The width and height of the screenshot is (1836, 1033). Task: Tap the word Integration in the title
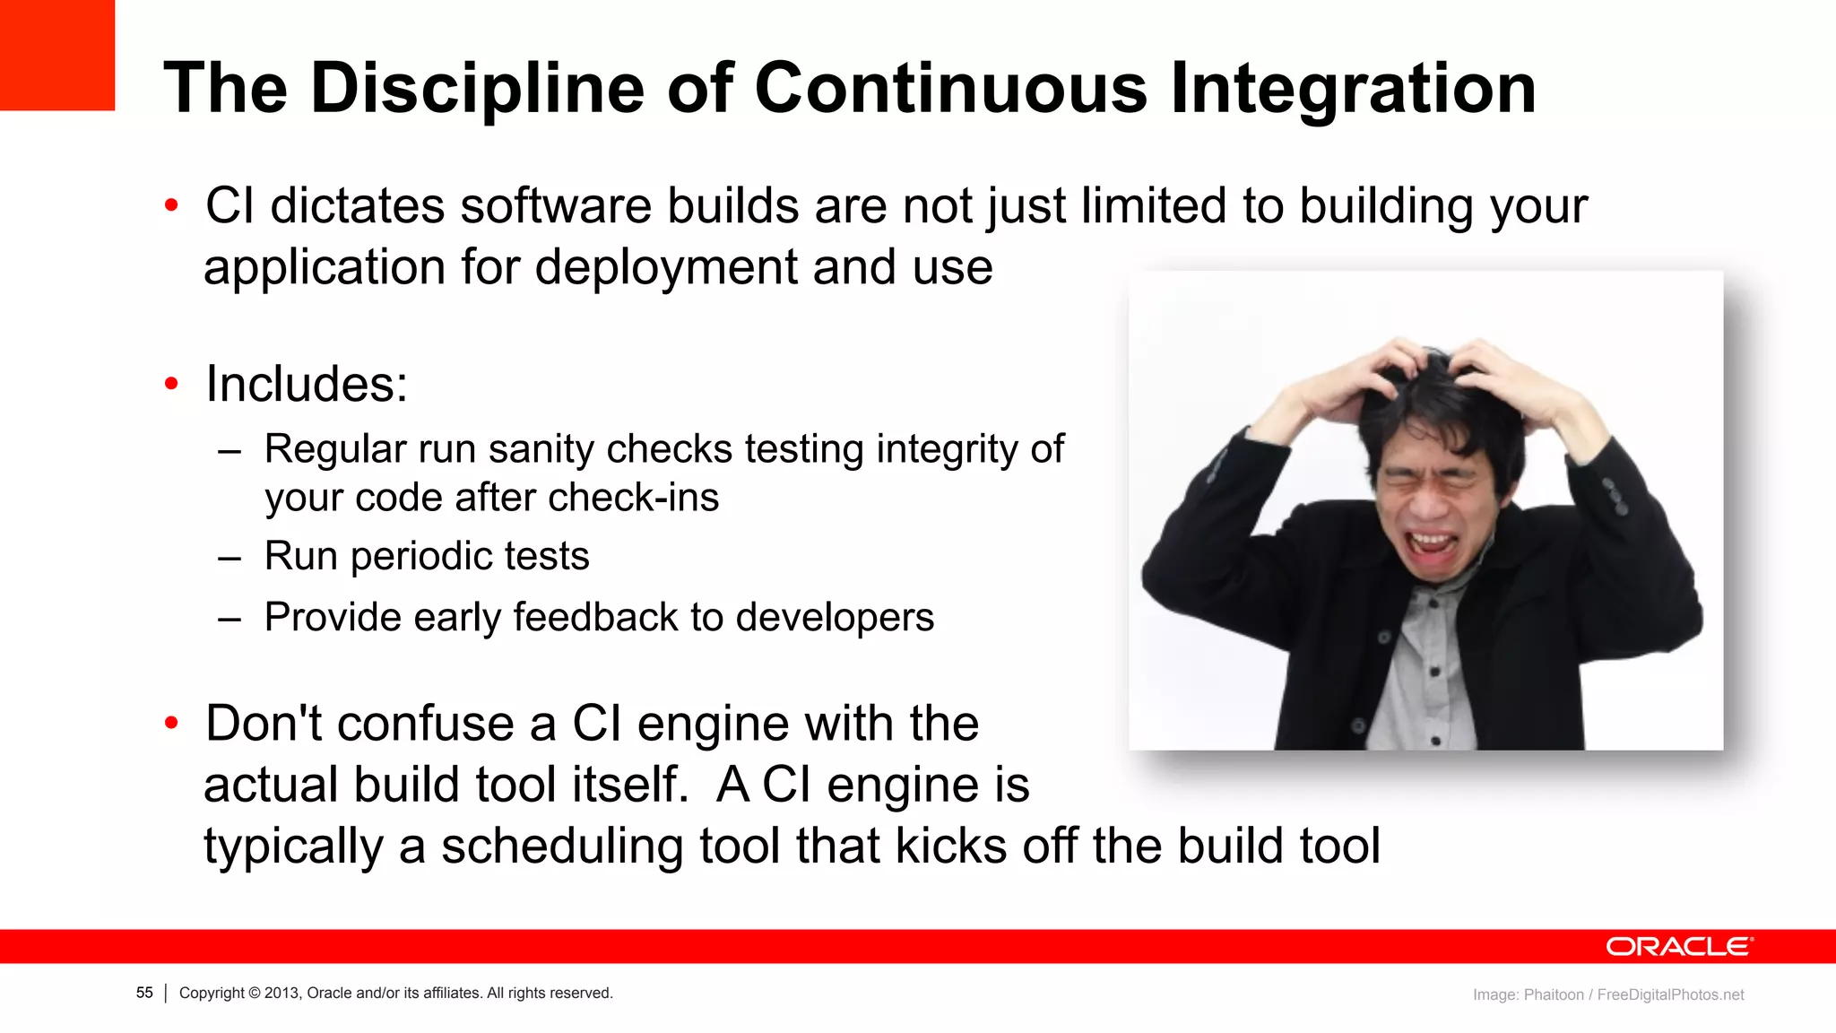[1353, 89]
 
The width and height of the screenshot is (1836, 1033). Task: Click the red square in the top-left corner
[56, 55]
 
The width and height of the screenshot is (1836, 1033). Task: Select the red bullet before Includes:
[172, 385]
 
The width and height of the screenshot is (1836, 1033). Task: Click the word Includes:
[307, 385]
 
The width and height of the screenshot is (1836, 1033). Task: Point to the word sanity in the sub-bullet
[541, 449]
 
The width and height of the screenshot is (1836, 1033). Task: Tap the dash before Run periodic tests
[229, 558]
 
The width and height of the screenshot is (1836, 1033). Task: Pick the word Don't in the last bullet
[263, 724]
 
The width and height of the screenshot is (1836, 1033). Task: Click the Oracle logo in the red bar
[1678, 947]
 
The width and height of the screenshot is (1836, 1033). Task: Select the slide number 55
[144, 993]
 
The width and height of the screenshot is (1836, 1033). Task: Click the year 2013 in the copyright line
[281, 993]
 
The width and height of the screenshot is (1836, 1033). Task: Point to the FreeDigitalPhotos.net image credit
[1670, 994]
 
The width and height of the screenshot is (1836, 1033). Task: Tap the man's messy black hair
[1425, 395]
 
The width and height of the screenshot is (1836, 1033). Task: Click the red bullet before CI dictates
[172, 206]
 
